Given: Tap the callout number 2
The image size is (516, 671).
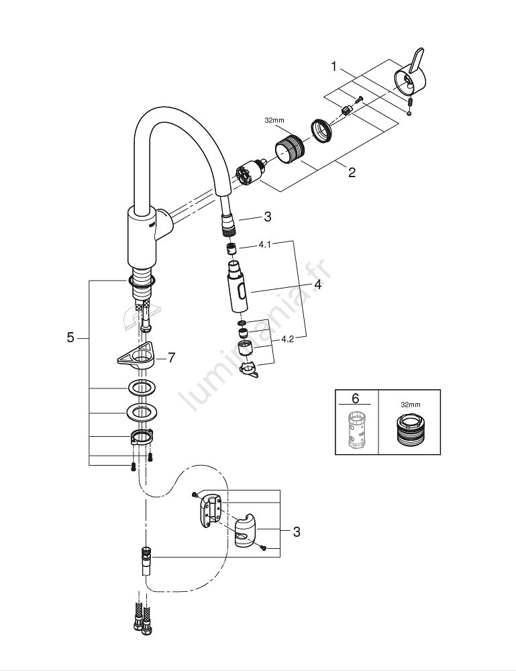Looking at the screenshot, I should [352, 172].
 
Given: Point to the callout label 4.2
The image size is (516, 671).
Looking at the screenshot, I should [288, 340].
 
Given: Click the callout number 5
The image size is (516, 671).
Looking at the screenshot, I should [70, 338].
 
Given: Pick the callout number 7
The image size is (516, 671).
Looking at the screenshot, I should [171, 358].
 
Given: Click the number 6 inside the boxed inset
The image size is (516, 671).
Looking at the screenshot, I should [355, 399].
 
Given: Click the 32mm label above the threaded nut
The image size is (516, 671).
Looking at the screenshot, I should [274, 121].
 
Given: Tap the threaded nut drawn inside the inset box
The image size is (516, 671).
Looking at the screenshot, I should [409, 431].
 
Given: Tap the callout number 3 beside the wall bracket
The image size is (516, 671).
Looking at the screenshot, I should [296, 532].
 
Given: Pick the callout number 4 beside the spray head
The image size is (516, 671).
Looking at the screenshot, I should [317, 285].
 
